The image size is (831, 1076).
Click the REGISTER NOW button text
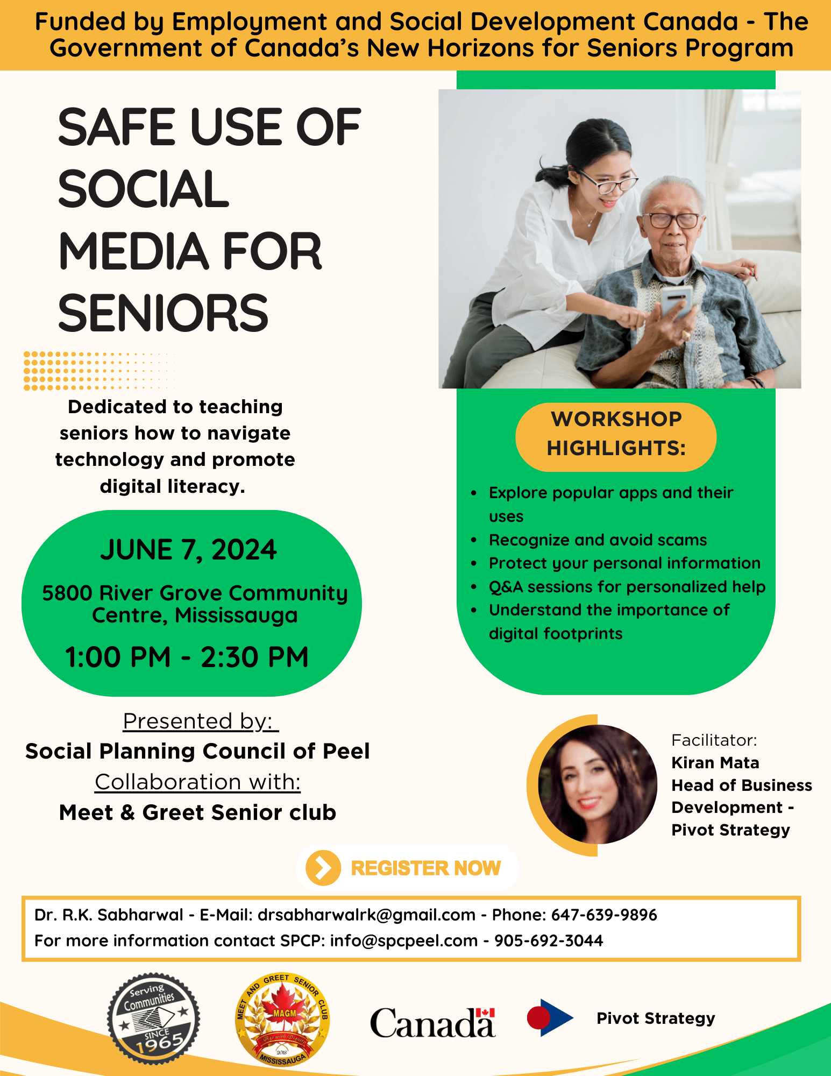tap(425, 868)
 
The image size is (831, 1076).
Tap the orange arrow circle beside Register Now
tap(323, 868)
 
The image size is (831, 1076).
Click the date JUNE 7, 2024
tap(188, 550)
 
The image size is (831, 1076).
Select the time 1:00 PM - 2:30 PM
tap(187, 657)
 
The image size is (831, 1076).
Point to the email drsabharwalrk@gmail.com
tap(366, 915)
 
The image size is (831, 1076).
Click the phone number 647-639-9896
tap(604, 915)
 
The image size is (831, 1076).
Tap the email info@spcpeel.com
tap(403, 940)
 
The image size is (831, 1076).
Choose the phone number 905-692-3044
tap(549, 940)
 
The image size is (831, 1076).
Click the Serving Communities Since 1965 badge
tap(153, 1018)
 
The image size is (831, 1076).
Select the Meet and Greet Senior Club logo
tap(282, 1019)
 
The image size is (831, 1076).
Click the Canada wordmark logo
tap(432, 1022)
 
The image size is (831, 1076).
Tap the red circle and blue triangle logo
tap(549, 1017)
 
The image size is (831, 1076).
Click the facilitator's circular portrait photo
tap(597, 784)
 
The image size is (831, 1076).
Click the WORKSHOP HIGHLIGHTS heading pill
tap(616, 434)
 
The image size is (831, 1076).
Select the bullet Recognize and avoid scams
tap(598, 540)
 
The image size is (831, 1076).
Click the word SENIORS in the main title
tap(163, 313)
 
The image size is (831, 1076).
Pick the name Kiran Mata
tap(715, 762)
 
